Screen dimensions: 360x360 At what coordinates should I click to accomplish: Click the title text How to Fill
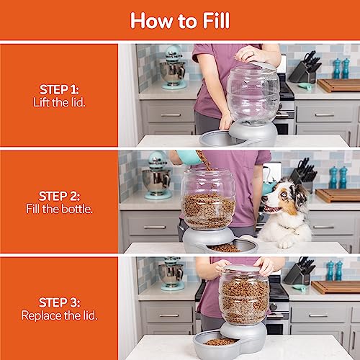(x=179, y=21)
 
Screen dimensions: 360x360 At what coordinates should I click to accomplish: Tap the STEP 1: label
(x=59, y=89)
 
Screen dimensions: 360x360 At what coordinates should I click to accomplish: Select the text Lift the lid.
(x=59, y=102)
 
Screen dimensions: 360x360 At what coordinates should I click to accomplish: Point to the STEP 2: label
(x=59, y=196)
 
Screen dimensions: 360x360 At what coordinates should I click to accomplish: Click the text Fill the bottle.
(x=59, y=209)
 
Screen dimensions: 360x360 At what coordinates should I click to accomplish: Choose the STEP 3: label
(x=59, y=302)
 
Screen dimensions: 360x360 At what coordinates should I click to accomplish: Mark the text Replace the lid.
(x=59, y=315)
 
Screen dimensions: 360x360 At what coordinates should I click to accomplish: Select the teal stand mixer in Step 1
(x=172, y=69)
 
